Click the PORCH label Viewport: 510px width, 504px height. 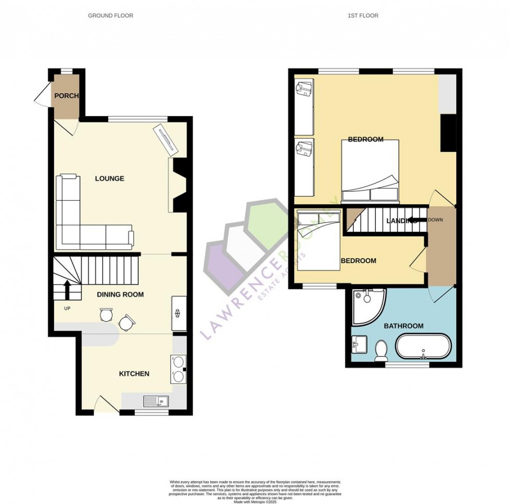[x=67, y=96]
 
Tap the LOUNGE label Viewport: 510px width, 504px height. [x=109, y=179]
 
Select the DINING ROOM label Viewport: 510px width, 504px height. [x=120, y=294]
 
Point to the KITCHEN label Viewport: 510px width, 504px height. [x=134, y=374]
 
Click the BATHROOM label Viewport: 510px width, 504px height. [x=403, y=326]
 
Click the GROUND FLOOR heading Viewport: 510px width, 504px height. [x=110, y=16]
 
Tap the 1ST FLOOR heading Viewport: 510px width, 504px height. [x=363, y=16]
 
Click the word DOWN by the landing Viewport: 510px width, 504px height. [x=436, y=220]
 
